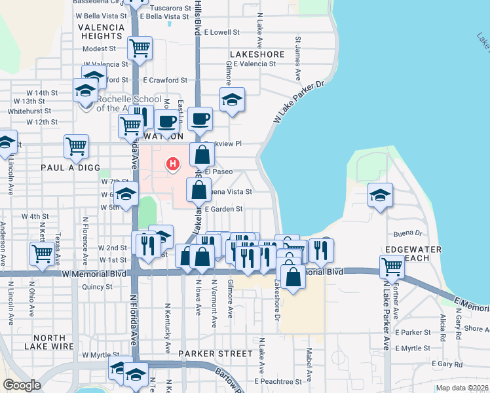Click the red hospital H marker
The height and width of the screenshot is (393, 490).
173,163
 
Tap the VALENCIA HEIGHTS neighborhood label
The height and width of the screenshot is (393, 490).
101,31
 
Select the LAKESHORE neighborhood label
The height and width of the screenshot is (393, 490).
257,54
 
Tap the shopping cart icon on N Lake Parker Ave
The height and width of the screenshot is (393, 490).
392,266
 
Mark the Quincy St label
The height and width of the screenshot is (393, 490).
98,286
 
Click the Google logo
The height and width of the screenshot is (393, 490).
21,384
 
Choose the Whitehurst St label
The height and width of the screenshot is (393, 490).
25,111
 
